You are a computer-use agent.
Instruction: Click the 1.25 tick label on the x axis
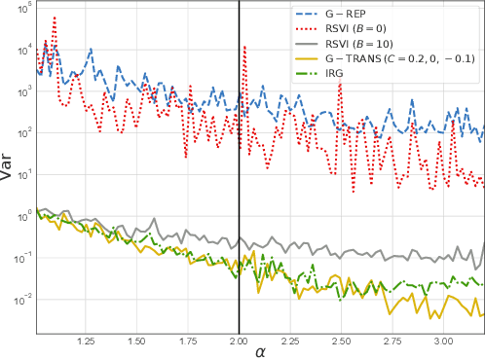pos(86,342)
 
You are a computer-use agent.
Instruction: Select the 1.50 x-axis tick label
pos(136,342)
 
